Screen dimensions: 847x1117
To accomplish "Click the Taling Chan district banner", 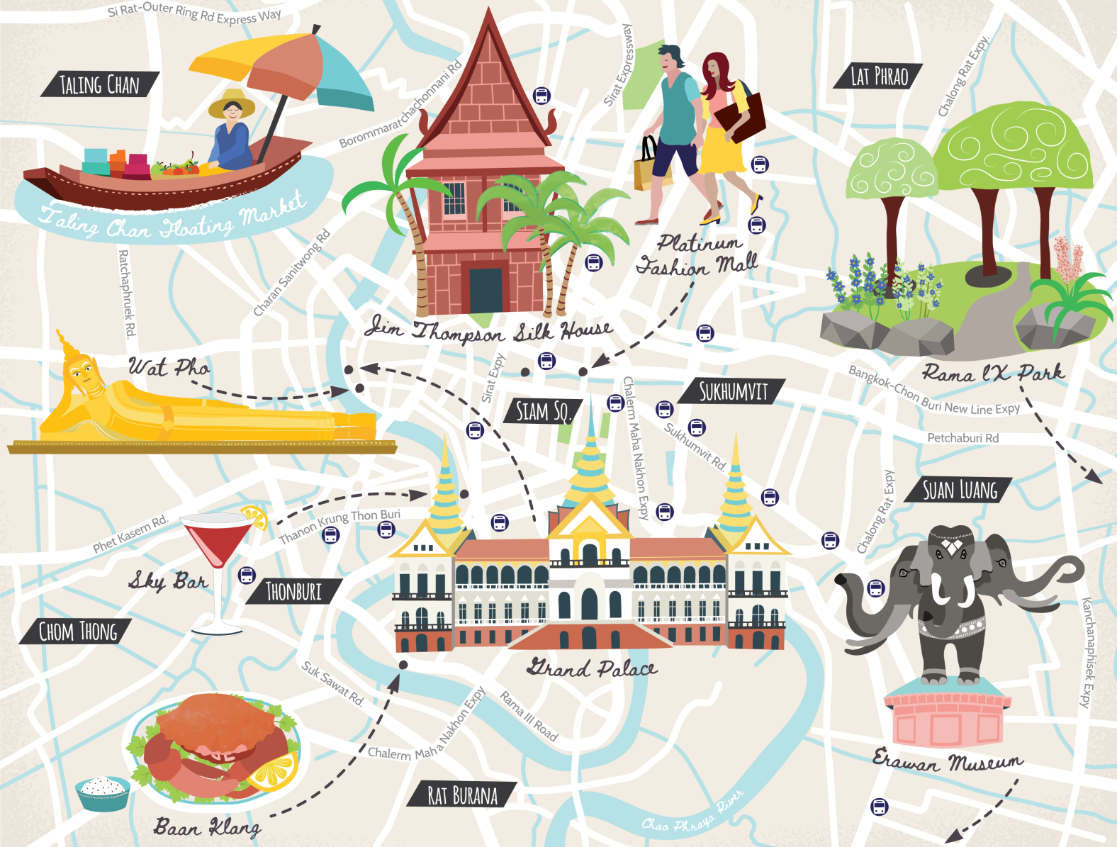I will (99, 85).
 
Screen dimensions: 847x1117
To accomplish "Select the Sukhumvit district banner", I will (733, 391).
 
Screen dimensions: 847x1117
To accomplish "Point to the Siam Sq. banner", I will (542, 411).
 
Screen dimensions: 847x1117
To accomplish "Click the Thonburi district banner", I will (293, 591).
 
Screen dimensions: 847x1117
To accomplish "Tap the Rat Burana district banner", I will (462, 795).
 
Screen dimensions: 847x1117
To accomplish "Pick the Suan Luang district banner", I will (960, 490).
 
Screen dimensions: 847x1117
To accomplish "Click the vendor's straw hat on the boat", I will (231, 102).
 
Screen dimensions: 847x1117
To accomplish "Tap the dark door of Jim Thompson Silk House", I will (485, 289).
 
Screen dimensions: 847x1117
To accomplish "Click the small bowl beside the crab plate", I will (103, 791).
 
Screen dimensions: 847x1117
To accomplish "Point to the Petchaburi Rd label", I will (962, 438).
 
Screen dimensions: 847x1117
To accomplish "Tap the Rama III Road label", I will (529, 716).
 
